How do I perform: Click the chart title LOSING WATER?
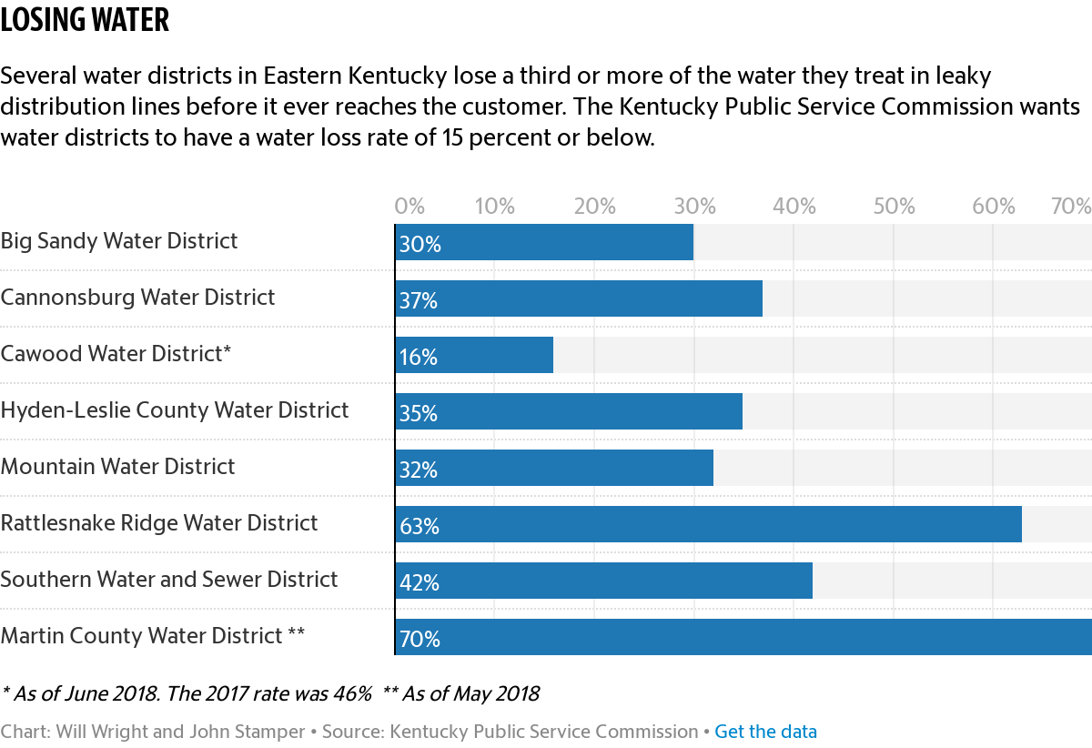[x=85, y=20]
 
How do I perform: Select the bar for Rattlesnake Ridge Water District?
[x=708, y=524]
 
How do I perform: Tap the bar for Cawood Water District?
[x=474, y=355]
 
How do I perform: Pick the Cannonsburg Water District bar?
[x=579, y=298]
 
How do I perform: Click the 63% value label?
[x=420, y=527]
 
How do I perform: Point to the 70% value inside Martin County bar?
[x=420, y=640]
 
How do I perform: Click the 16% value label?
[x=419, y=358]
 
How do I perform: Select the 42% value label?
[x=420, y=583]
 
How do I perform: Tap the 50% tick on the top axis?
[x=894, y=207]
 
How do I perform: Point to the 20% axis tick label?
[x=595, y=207]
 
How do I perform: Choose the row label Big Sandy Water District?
[x=119, y=241]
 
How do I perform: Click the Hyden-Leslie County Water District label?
[x=175, y=410]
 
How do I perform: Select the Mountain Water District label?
[x=118, y=467]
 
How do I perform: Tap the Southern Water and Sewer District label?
[x=169, y=580]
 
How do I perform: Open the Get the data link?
[x=765, y=732]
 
